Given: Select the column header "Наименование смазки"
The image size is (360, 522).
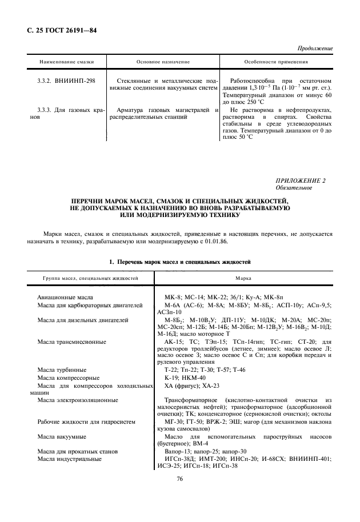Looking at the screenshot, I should pyautogui.click(x=66, y=62).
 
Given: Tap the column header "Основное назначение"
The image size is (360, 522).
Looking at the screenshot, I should pyautogui.click(x=163, y=62).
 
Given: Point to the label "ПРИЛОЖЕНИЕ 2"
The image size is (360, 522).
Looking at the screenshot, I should pyautogui.click(x=301, y=180).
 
